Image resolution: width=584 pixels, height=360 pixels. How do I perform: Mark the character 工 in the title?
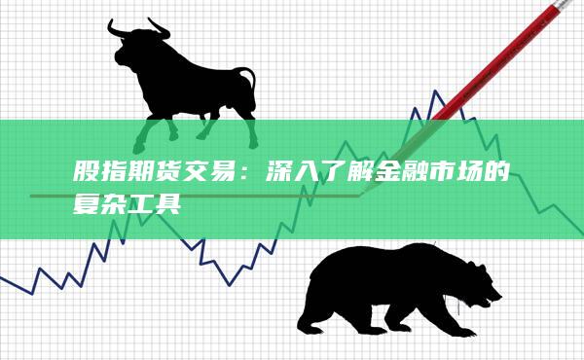point(144,207)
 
